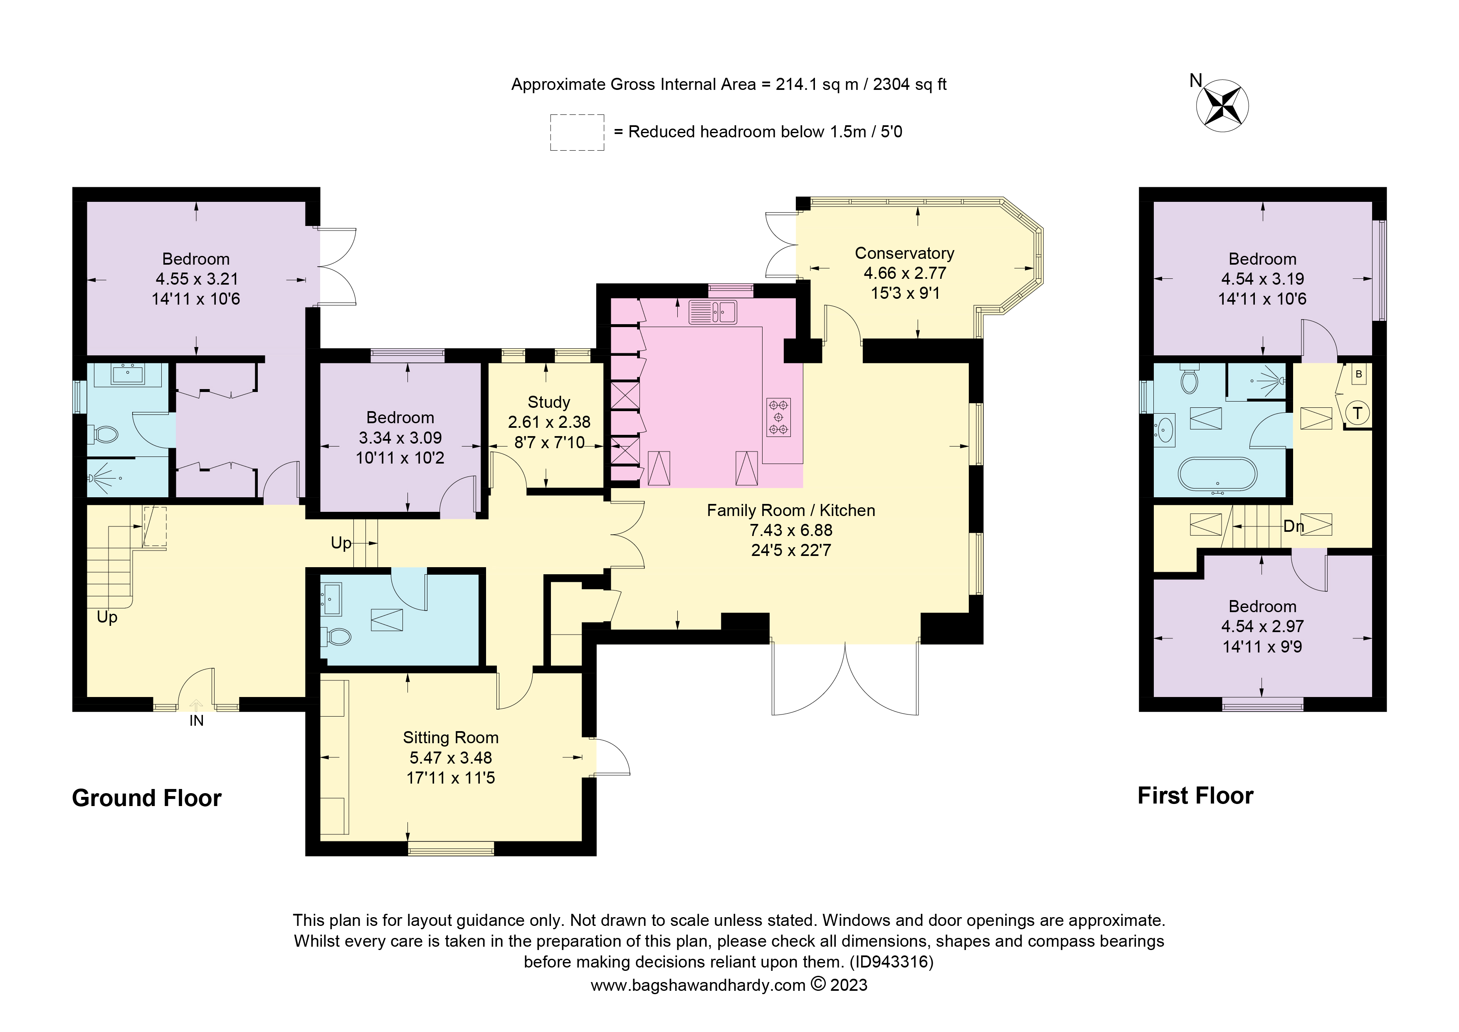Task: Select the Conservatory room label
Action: click(904, 253)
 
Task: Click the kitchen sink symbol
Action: click(713, 312)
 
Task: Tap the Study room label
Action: click(548, 402)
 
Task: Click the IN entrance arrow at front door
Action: click(196, 706)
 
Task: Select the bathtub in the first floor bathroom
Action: click(1217, 474)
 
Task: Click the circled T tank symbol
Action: click(1357, 413)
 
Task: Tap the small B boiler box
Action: click(1359, 375)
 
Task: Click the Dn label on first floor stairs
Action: click(1293, 526)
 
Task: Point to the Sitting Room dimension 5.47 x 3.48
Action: click(451, 757)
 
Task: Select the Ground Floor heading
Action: click(147, 798)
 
